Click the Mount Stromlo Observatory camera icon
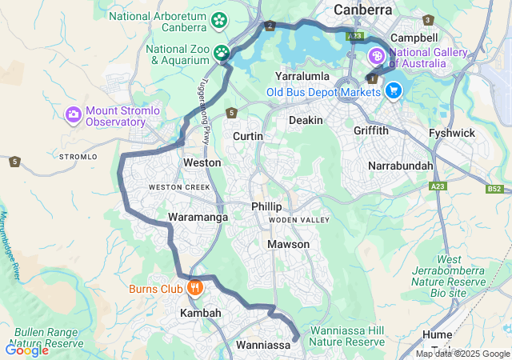[x=74, y=115]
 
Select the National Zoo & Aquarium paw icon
[x=222, y=54]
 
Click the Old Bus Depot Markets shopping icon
[x=392, y=91]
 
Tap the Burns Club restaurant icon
[x=194, y=287]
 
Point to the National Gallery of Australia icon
[x=376, y=57]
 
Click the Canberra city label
[x=363, y=10]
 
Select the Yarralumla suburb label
[x=302, y=76]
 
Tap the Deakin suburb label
[x=306, y=120]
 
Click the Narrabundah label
[x=400, y=166]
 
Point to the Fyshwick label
[x=452, y=133]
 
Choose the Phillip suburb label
[x=266, y=206]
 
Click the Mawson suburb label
[x=288, y=244]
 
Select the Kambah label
[x=200, y=313]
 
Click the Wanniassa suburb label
[x=262, y=346]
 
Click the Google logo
[x=26, y=350]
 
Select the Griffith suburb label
[x=371, y=130]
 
